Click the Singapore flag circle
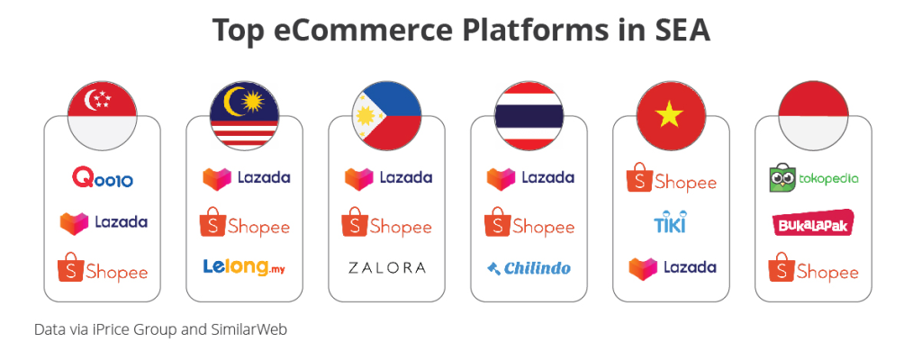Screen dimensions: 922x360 (103, 116)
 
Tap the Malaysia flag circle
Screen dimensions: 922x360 (245, 116)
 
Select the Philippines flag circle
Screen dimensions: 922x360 (387, 116)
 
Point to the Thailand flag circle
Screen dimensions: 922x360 (529, 116)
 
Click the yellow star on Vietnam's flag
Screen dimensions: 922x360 (671, 114)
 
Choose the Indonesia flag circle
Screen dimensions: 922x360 (813, 116)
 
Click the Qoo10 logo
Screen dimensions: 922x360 (103, 177)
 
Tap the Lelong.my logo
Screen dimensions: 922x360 (245, 267)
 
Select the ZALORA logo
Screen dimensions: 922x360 (387, 267)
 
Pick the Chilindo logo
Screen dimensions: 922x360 (529, 268)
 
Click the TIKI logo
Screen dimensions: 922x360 (670, 221)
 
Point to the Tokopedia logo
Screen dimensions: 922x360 (813, 177)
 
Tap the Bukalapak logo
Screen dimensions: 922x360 (813, 222)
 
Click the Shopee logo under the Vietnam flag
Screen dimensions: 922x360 (671, 177)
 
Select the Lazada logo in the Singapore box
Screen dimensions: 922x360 (104, 222)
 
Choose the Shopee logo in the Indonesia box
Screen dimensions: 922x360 (813, 267)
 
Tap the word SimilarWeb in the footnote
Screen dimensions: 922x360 (249, 329)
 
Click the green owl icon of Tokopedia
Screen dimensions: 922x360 (782, 177)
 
